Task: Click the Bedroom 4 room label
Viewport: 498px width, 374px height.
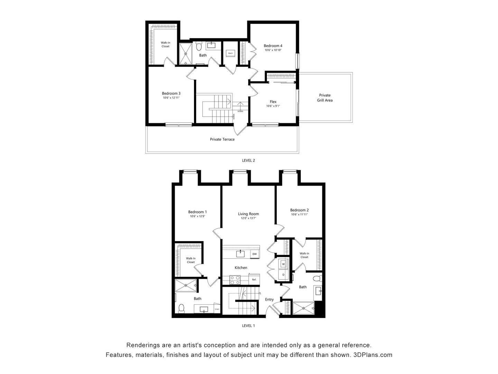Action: [273, 46]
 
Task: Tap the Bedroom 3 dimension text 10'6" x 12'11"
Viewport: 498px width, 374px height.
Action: [171, 98]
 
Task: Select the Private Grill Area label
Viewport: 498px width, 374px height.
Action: [325, 98]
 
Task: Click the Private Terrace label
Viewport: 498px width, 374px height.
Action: [222, 139]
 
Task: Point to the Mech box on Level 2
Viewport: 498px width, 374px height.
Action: [230, 53]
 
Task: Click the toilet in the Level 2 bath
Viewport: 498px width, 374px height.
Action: [199, 46]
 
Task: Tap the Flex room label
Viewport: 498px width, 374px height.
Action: [273, 102]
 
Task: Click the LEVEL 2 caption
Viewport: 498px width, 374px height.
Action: [248, 160]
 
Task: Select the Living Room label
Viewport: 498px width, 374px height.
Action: [248, 214]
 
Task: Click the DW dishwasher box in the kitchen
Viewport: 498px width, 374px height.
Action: [255, 254]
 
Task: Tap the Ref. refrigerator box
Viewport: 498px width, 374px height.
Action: [254, 279]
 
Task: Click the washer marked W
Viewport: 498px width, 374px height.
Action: [284, 264]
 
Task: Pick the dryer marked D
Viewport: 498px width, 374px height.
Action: [284, 275]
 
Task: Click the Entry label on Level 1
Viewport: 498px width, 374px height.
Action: [269, 300]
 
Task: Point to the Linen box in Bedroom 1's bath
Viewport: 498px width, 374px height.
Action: [217, 309]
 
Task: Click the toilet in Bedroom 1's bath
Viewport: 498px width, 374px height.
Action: [181, 308]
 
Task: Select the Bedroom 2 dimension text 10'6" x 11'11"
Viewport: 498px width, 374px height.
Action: [299, 215]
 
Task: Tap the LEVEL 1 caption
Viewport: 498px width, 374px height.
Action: [248, 326]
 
